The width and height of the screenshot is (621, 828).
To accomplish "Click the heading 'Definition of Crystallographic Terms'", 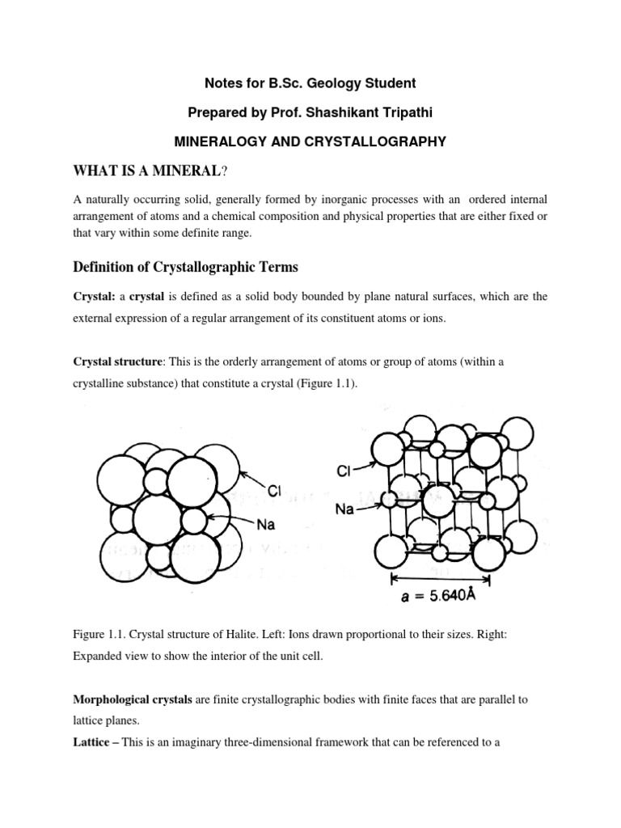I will tap(187, 268).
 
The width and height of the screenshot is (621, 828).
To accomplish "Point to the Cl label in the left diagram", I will tap(275, 489).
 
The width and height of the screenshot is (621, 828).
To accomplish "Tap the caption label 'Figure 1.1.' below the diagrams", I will tap(100, 635).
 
